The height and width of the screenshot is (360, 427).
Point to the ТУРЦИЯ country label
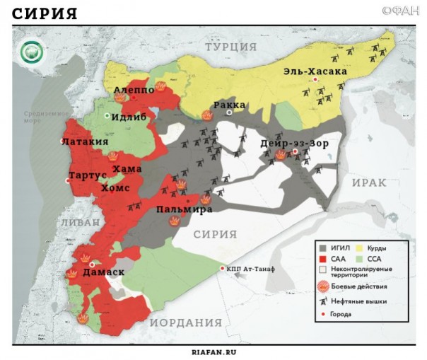pos(230,47)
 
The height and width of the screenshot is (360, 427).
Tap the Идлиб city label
pos(129,117)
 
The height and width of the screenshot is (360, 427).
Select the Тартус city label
pos(88,175)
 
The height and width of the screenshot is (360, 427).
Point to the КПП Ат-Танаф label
pos(250,269)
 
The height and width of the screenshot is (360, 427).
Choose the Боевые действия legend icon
pos(323,286)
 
